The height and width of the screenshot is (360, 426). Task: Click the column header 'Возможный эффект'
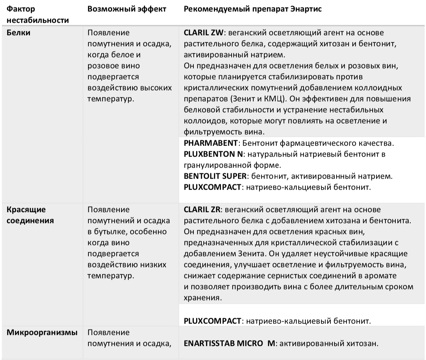click(127, 9)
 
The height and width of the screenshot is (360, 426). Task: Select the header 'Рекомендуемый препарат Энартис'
click(253, 9)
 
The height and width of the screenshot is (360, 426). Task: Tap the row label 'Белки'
click(19, 33)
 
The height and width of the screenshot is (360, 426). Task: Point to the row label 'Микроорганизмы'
click(42, 332)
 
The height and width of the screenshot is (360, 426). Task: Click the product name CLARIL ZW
click(204, 33)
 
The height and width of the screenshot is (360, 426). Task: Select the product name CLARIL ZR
click(202, 210)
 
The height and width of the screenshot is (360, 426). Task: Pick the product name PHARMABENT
click(211, 143)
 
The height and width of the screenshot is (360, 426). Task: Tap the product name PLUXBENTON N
click(213, 154)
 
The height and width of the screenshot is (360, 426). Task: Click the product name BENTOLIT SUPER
click(215, 176)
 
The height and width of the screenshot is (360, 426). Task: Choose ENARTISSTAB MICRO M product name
click(230, 343)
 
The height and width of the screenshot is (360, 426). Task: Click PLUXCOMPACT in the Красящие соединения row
click(212, 321)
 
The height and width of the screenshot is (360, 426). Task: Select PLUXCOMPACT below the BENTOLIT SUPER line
click(212, 187)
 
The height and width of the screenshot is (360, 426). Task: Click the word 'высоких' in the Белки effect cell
click(157, 88)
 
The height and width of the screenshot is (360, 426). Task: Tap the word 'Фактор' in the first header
click(21, 9)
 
